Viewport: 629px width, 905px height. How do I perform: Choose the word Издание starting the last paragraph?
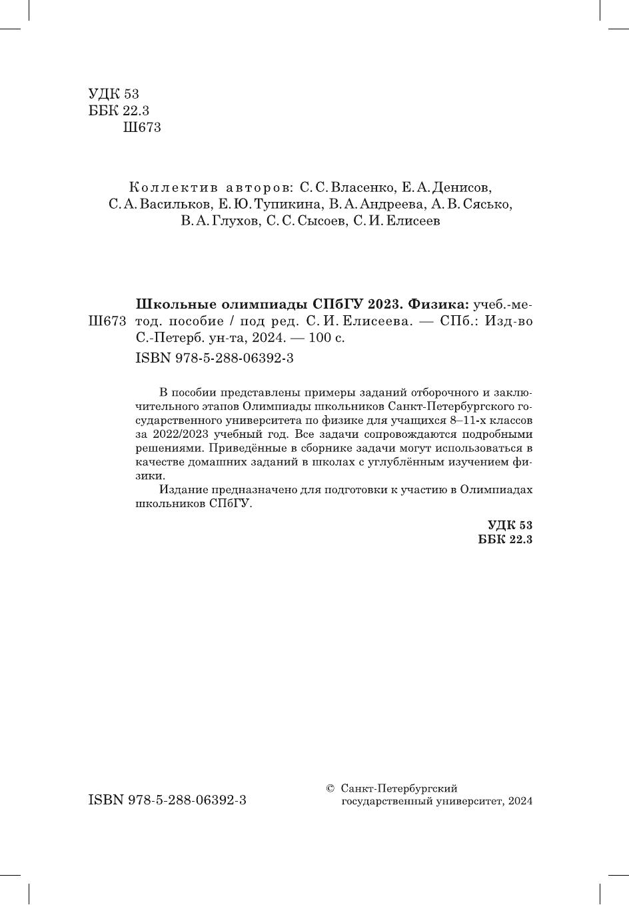pyautogui.click(x=183, y=490)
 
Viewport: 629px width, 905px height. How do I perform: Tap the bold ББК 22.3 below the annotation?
pyautogui.click(x=505, y=540)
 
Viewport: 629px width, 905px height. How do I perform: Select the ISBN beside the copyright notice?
pyautogui.click(x=167, y=800)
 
